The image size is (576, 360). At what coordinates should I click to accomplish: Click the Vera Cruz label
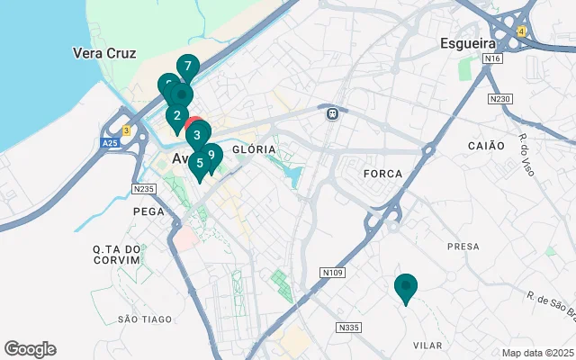tap(104, 52)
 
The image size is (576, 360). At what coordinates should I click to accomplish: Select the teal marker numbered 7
tap(187, 67)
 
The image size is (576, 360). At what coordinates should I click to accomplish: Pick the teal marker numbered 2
tap(176, 116)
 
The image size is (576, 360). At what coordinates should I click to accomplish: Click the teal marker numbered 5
tap(200, 164)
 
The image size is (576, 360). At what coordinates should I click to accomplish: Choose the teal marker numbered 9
tap(211, 155)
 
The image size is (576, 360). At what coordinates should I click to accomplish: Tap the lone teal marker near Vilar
tap(406, 287)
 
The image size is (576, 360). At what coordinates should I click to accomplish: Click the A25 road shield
tap(109, 143)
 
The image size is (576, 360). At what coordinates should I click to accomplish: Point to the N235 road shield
tap(144, 188)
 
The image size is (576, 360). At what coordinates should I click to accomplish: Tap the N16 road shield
tap(490, 59)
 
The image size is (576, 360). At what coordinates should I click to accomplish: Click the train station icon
tap(332, 113)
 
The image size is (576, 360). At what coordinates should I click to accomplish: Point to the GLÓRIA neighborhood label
tap(248, 149)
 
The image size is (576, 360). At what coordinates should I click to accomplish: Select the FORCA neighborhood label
tap(381, 172)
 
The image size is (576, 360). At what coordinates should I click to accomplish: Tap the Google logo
tap(30, 349)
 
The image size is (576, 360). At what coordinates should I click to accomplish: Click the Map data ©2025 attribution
tap(538, 353)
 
